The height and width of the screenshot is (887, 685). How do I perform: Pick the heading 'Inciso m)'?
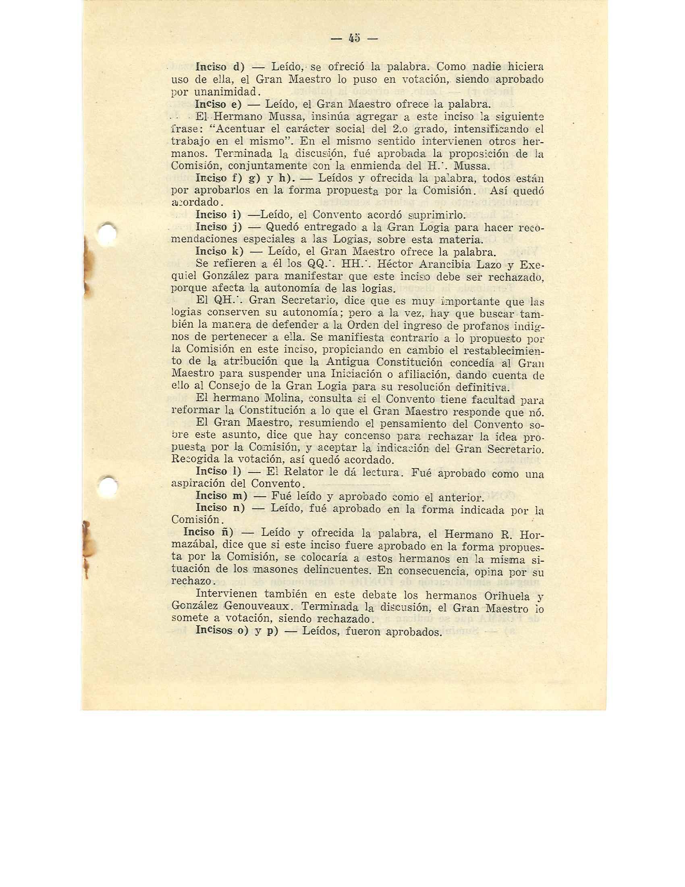(221, 496)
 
